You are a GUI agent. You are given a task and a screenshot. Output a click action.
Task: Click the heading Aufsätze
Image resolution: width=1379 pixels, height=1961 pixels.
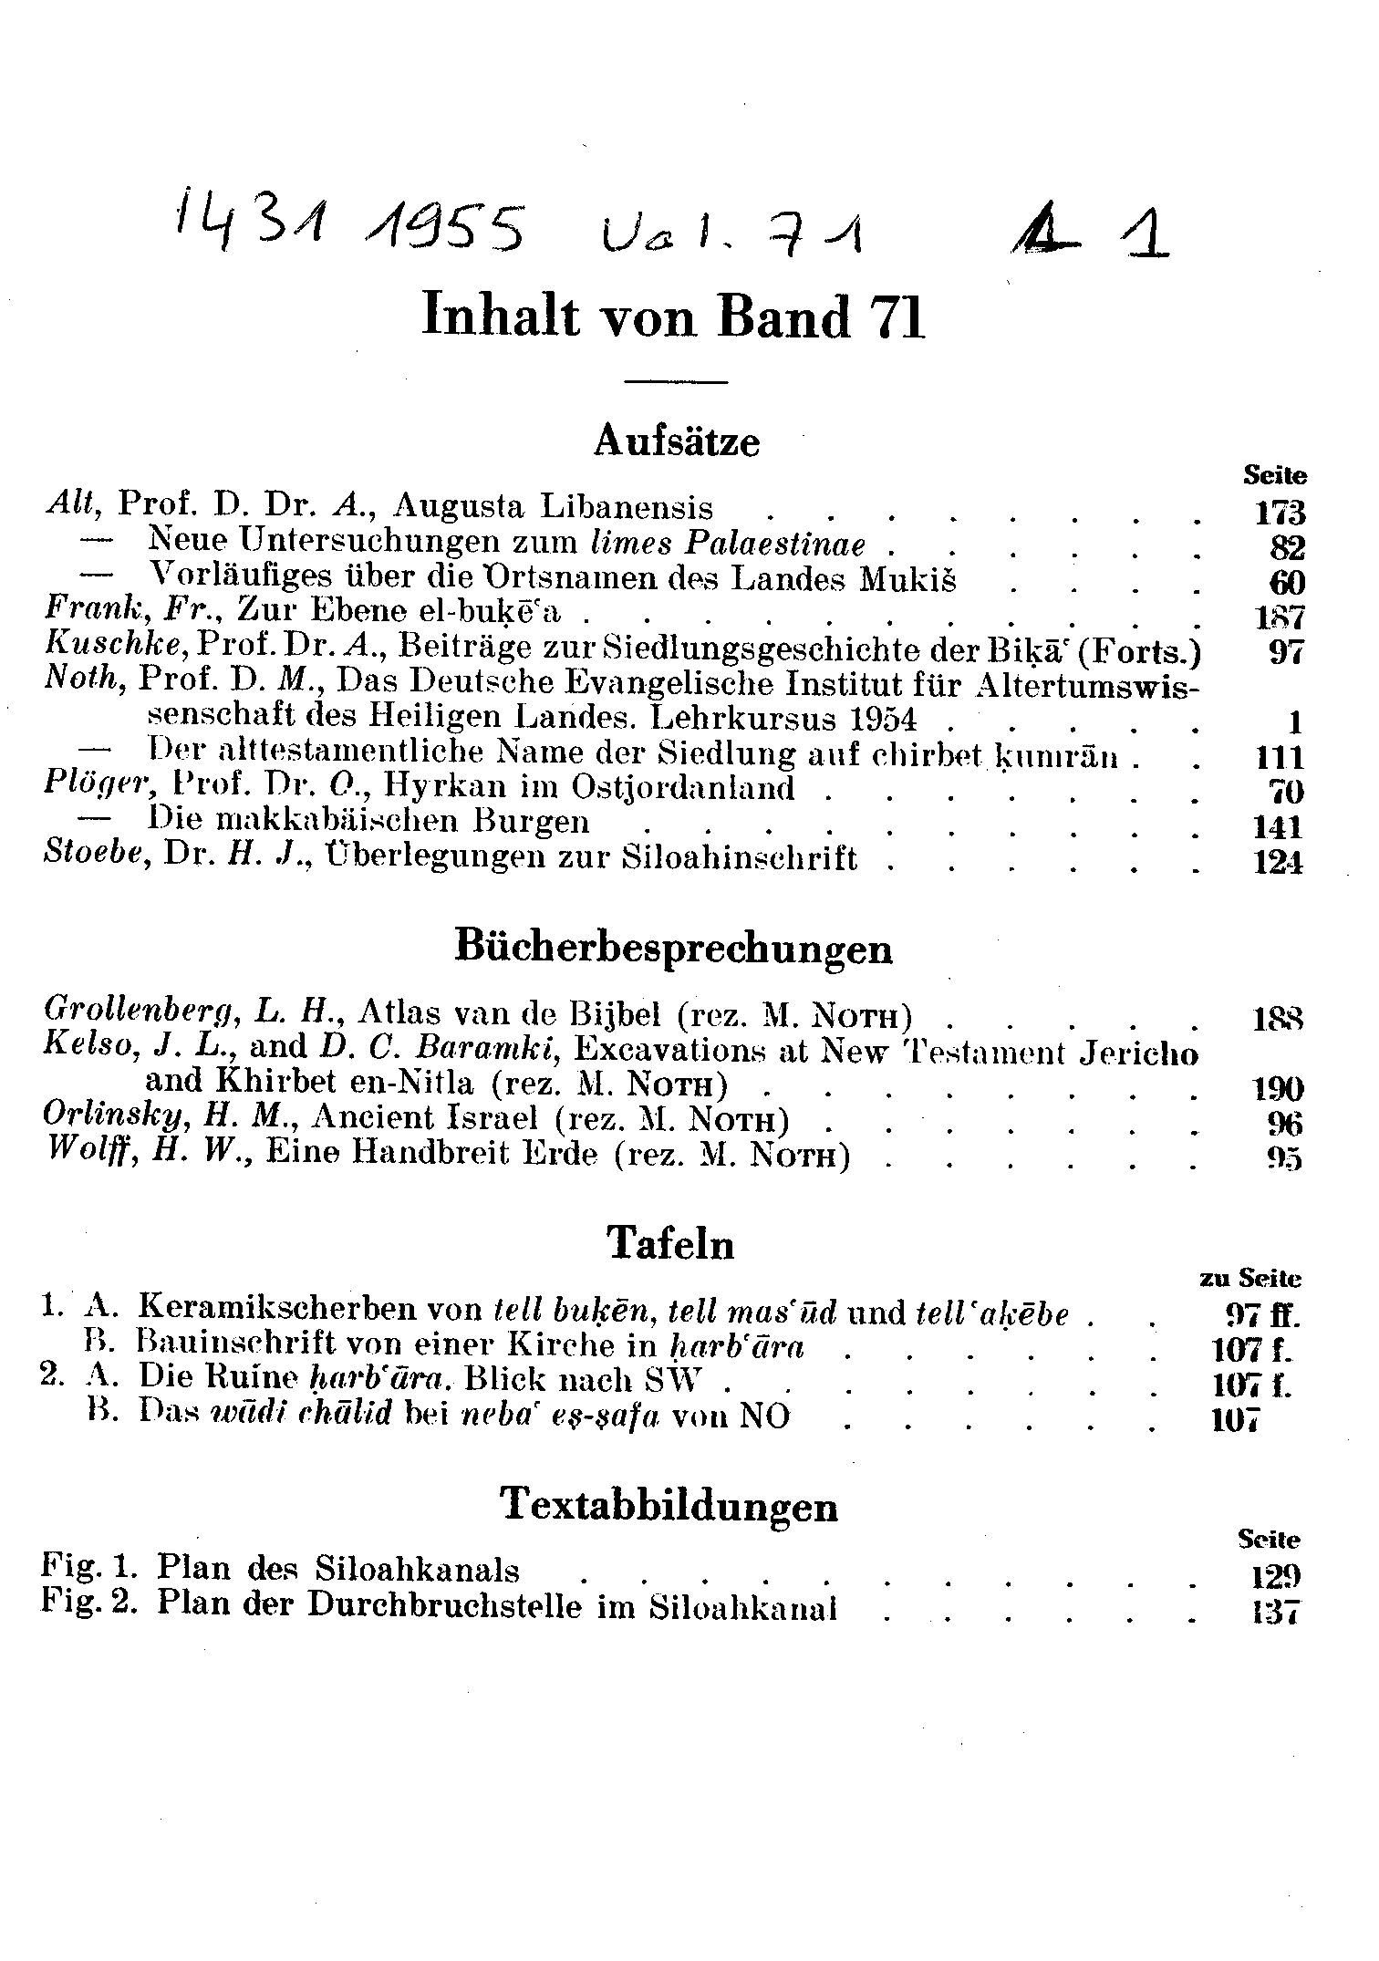(x=676, y=442)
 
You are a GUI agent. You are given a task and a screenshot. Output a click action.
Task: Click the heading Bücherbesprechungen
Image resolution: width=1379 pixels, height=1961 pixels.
(x=673, y=949)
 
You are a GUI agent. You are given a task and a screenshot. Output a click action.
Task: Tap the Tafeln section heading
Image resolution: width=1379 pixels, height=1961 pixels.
(x=670, y=1244)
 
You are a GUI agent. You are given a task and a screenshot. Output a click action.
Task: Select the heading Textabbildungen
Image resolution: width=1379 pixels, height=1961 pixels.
(x=670, y=1504)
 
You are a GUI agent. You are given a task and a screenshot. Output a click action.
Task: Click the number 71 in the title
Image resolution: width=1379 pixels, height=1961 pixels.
(x=899, y=318)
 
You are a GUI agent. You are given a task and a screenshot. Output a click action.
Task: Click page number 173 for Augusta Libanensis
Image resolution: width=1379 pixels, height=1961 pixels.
(x=1280, y=512)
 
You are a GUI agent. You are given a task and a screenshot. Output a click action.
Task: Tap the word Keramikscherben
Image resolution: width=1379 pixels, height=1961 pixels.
(x=309, y=1310)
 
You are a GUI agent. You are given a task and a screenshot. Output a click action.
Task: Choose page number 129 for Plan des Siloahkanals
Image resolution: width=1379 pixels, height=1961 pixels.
(x=1275, y=1575)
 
